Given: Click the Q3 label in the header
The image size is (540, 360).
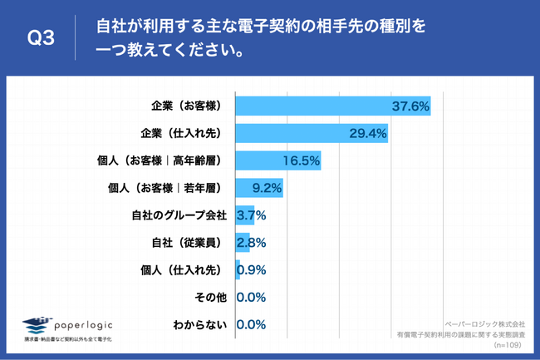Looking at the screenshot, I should click(x=41, y=38).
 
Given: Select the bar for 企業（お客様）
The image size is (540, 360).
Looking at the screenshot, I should click(x=332, y=106).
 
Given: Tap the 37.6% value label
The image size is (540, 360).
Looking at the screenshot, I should click(x=410, y=106).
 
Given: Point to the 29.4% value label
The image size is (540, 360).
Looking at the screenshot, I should click(x=367, y=133).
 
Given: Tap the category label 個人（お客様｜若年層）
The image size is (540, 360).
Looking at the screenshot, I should click(x=169, y=188).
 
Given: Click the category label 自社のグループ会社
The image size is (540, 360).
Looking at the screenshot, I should click(x=179, y=215).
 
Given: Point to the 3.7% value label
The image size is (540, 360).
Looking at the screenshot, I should click(x=251, y=215).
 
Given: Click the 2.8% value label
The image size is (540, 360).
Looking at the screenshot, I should click(x=251, y=243).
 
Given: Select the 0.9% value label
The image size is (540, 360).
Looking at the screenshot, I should click(x=252, y=270).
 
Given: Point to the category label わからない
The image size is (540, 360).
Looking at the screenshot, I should click(x=199, y=325).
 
